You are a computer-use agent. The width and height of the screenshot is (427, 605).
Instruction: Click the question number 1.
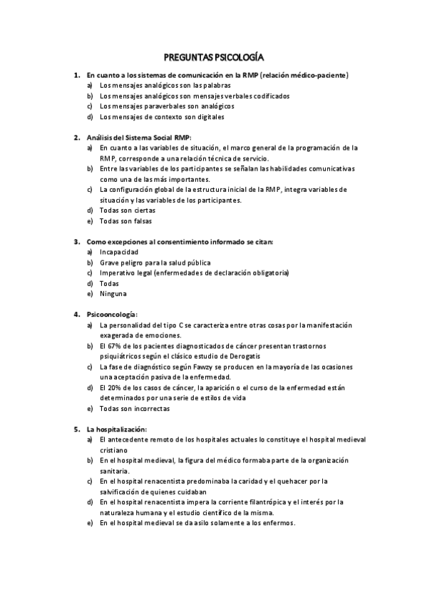pos(76,74)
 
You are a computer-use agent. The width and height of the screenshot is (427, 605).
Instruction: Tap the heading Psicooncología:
pos(112,315)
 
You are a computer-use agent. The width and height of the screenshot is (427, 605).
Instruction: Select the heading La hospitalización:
pos(117,429)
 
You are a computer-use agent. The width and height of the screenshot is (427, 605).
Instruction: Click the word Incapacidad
pos(119,252)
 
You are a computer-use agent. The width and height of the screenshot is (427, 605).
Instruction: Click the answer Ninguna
pos(113,294)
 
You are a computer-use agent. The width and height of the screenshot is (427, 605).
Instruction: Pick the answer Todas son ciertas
pos(127,210)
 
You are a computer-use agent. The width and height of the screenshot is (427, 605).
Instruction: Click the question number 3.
pos(76,242)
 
